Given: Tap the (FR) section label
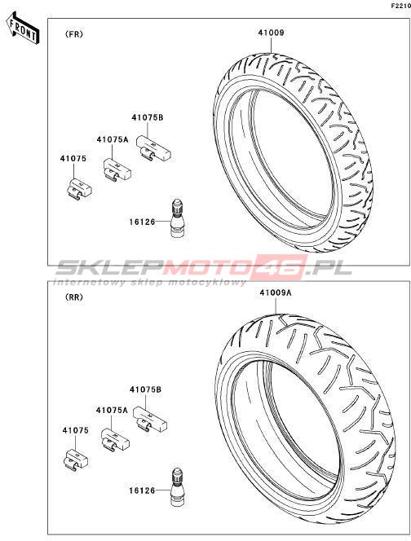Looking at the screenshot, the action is [73, 34].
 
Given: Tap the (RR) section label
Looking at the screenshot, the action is [74, 297].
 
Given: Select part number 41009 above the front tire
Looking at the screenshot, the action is [271, 33].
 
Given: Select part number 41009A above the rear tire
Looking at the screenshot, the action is [276, 292].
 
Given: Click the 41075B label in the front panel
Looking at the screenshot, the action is [148, 117].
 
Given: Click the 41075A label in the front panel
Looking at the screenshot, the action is [113, 139].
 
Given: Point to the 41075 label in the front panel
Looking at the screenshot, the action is [73, 159].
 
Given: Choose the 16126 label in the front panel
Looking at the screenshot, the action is [142, 222].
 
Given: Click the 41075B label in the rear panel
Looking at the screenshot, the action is [146, 389].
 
